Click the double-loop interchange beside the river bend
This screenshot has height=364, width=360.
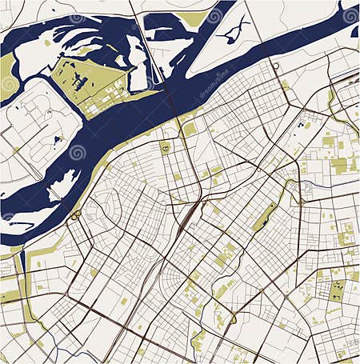[x=75, y=214]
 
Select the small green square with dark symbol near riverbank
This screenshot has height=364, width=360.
[x=165, y=147]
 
